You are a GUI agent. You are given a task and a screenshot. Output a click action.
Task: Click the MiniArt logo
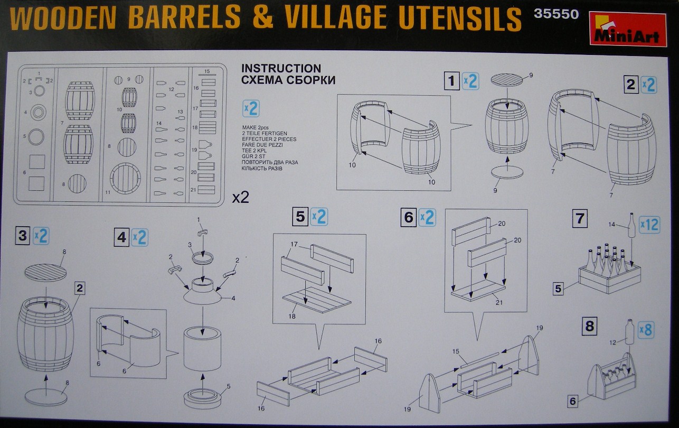[628, 29]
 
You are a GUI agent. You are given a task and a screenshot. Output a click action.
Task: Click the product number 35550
[556, 14]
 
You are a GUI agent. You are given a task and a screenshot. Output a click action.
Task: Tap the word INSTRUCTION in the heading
[281, 68]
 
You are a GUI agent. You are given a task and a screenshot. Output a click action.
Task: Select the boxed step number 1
[451, 81]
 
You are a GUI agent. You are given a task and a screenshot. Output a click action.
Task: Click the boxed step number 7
[580, 218]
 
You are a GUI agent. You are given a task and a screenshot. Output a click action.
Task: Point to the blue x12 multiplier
[649, 225]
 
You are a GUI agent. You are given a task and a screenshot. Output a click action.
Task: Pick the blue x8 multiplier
[646, 330]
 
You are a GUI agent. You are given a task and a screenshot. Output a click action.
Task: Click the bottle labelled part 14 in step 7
[631, 225]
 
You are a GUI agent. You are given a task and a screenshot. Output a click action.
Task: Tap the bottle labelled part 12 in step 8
[629, 332]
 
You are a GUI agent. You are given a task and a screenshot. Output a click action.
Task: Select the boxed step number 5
[300, 217]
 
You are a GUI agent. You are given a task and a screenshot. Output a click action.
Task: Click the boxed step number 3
[23, 236]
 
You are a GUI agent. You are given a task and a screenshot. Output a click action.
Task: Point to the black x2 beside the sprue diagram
[240, 198]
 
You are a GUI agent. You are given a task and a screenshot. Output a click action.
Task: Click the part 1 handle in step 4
[203, 232]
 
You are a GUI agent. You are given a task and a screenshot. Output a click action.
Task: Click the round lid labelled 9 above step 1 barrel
[507, 80]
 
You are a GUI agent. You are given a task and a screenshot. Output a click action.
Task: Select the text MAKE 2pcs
[255, 128]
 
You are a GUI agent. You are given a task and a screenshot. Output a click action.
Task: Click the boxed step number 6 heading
[408, 218]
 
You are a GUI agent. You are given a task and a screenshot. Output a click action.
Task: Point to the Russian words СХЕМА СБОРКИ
[288, 80]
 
